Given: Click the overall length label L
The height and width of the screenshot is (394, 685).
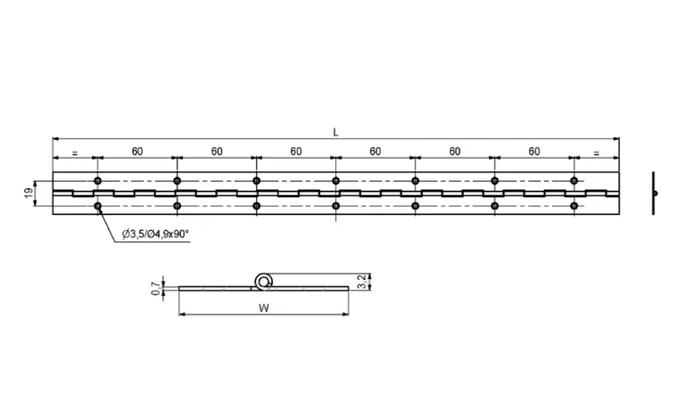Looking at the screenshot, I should pyautogui.click(x=335, y=132).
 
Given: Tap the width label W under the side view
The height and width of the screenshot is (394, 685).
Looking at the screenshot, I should pyautogui.click(x=261, y=308).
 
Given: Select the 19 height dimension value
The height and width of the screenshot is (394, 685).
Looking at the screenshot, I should pyautogui.click(x=28, y=193).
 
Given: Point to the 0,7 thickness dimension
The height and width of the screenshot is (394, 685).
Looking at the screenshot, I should pyautogui.click(x=155, y=287).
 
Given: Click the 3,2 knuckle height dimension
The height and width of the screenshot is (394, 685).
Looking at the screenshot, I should pyautogui.click(x=360, y=282).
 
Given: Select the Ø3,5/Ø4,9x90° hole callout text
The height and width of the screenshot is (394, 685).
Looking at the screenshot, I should pyautogui.click(x=156, y=234).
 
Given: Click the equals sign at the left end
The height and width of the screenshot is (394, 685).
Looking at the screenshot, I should pyautogui.click(x=74, y=153).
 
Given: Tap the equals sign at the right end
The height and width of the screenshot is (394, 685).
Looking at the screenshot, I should pyautogui.click(x=596, y=153).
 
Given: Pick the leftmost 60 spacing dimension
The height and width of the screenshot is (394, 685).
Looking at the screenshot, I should pyautogui.click(x=136, y=152).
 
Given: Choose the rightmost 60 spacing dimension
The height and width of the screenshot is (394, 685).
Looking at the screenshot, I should pyautogui.click(x=533, y=152).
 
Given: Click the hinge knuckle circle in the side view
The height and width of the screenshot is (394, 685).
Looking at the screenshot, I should pyautogui.click(x=263, y=281).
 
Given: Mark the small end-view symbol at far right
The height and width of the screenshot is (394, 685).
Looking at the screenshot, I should pyautogui.click(x=655, y=193).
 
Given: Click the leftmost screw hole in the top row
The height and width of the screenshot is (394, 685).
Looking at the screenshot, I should pyautogui.click(x=98, y=181).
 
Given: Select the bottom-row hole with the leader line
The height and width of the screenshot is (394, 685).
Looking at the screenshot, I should pyautogui.click(x=98, y=207).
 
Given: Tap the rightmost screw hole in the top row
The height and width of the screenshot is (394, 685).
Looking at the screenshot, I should pyautogui.click(x=574, y=181).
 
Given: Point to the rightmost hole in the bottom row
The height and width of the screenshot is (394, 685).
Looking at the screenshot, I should pyautogui.click(x=574, y=207).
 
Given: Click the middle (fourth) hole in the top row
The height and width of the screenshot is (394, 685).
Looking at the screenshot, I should pyautogui.click(x=335, y=181).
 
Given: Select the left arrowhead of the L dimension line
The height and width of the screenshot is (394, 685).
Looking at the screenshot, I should pyautogui.click(x=56, y=139).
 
